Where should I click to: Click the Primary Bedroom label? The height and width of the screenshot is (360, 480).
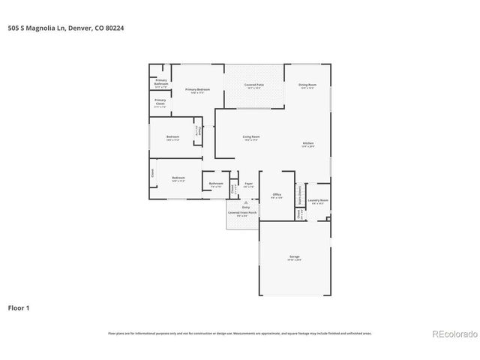[198, 90]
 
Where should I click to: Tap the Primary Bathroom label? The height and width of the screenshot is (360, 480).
[161, 82]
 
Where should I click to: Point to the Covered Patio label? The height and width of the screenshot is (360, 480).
[254, 85]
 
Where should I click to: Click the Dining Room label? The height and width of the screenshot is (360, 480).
[307, 85]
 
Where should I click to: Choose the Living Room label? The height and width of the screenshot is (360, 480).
[251, 136]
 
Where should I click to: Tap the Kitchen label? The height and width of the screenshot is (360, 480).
[308, 144]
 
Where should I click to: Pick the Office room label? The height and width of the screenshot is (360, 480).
[276, 195]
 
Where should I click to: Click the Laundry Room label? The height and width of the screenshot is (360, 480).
[319, 200]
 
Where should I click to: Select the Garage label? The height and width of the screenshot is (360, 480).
[295, 257]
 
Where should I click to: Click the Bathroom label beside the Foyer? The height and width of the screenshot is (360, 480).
[216, 184]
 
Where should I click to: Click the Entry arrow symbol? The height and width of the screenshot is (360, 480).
[245, 202]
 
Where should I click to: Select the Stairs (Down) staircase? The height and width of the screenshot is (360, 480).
[299, 193]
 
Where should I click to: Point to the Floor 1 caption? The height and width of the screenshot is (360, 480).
[19, 307]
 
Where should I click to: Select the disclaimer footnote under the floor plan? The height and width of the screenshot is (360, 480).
[240, 333]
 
